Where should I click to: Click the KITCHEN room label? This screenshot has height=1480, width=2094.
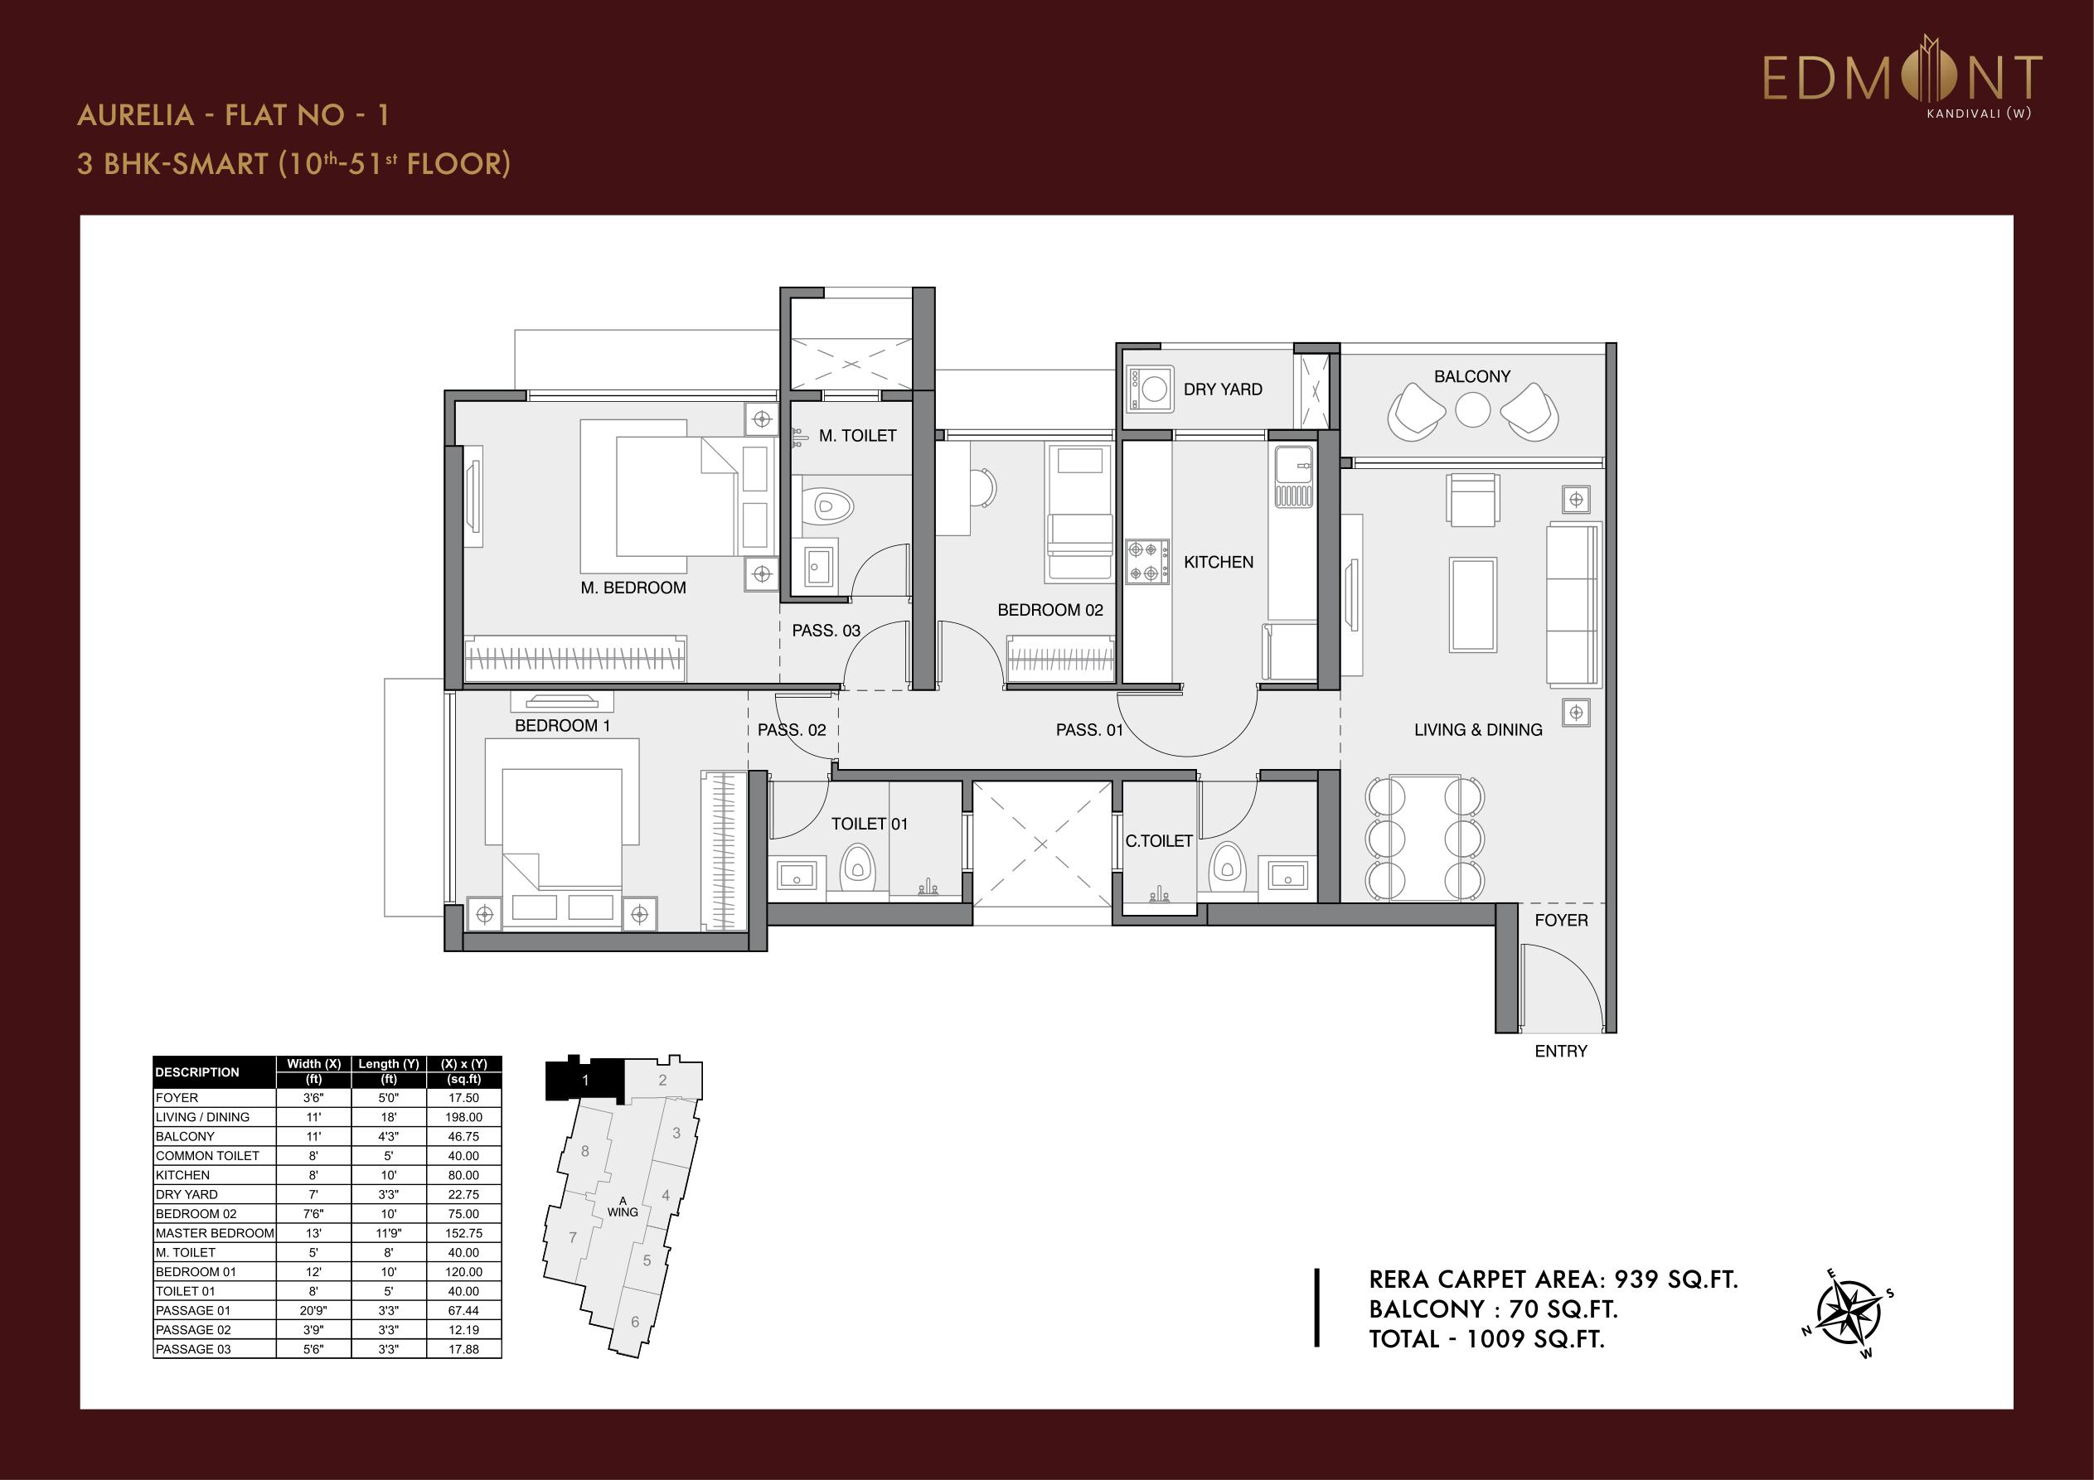1219,562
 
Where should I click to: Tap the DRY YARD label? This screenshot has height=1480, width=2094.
1223,389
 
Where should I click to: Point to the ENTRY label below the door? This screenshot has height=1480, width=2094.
1560,1052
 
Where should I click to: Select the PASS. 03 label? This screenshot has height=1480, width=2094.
826,630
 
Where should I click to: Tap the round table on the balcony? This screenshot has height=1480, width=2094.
1473,409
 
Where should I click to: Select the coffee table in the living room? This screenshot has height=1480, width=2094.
1472,605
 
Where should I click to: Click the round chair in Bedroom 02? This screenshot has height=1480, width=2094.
982,487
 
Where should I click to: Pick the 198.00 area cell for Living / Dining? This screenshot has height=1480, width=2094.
463,1117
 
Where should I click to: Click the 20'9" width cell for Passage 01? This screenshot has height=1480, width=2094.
313,1310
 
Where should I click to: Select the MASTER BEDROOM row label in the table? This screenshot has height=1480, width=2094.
215,1233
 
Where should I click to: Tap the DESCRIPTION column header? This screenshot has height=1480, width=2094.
197,1072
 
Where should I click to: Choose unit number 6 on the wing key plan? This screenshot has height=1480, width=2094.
635,1322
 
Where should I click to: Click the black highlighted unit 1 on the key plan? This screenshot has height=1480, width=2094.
584,1080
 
